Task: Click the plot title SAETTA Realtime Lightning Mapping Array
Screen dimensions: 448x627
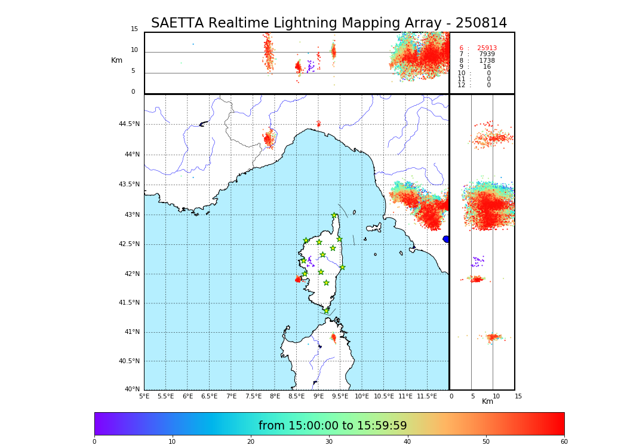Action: pyautogui.click(x=328, y=23)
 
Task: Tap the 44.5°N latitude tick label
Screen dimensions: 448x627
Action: pyautogui.click(x=129, y=124)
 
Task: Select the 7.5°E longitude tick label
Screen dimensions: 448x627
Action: pyautogui.click(x=253, y=396)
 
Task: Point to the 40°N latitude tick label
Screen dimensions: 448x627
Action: pyautogui.click(x=131, y=389)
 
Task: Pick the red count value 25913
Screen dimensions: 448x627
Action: pyautogui.click(x=487, y=48)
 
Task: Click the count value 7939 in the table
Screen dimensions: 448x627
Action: pyautogui.click(x=487, y=54)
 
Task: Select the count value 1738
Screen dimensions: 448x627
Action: pyautogui.click(x=487, y=61)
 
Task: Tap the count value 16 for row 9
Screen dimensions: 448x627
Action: pyautogui.click(x=487, y=67)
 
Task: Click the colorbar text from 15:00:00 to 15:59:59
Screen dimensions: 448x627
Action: pyautogui.click(x=333, y=426)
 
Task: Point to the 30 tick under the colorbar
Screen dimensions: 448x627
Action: pyautogui.click(x=329, y=442)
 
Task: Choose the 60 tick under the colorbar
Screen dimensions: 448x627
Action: pyautogui.click(x=564, y=442)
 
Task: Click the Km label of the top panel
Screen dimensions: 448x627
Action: pyautogui.click(x=116, y=60)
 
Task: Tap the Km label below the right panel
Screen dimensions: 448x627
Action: pyautogui.click(x=488, y=401)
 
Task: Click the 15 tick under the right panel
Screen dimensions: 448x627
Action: pyautogui.click(x=518, y=396)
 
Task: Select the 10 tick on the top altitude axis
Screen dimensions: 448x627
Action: pyautogui.click(x=134, y=50)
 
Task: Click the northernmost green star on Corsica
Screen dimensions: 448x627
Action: pyautogui.click(x=334, y=216)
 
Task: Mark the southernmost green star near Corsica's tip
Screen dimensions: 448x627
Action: pyautogui.click(x=326, y=311)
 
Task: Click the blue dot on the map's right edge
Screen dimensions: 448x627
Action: pyautogui.click(x=446, y=239)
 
